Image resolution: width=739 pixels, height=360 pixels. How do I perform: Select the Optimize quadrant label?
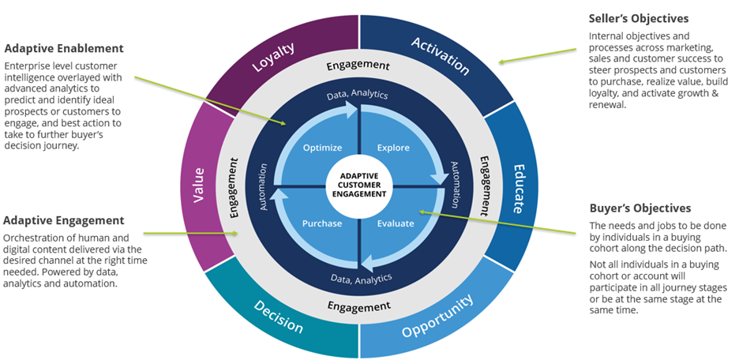(322, 147)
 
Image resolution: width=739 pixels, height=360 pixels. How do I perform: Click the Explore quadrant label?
(393, 147)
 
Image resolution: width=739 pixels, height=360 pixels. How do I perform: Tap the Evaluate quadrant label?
(395, 223)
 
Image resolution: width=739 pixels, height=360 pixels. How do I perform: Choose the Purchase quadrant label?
(321, 223)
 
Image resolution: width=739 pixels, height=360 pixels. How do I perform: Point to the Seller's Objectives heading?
(640, 18)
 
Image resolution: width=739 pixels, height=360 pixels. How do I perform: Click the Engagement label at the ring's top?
(360, 66)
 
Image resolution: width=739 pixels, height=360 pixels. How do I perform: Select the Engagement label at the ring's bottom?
(360, 306)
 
